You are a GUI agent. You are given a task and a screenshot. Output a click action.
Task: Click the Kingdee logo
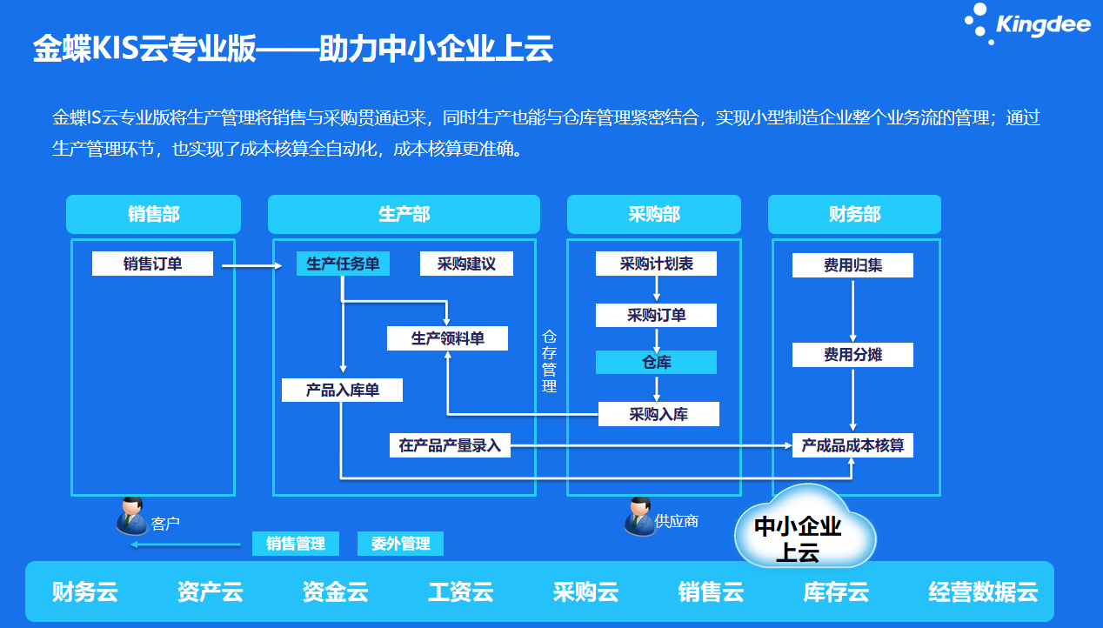pyautogui.click(x=1027, y=24)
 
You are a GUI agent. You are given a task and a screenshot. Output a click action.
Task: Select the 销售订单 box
pyautogui.click(x=152, y=264)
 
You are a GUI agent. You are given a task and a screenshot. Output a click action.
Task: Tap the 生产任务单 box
pyautogui.click(x=343, y=264)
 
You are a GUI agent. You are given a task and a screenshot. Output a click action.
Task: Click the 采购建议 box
pyautogui.click(x=466, y=264)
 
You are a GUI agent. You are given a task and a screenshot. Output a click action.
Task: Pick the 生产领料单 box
pyautogui.click(x=447, y=338)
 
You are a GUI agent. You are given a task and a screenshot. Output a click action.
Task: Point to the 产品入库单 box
pyautogui.click(x=342, y=390)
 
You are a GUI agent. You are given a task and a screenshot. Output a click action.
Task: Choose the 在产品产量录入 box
pyautogui.click(x=450, y=445)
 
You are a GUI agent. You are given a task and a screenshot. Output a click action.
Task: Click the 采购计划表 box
pyautogui.click(x=656, y=264)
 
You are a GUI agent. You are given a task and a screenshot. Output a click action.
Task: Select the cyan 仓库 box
pyautogui.click(x=656, y=362)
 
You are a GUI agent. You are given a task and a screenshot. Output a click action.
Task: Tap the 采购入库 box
pyautogui.click(x=658, y=414)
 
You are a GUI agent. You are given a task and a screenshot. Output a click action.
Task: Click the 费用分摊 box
pyautogui.click(x=852, y=355)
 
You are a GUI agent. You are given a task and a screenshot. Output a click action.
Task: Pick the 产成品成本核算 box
pyautogui.click(x=852, y=445)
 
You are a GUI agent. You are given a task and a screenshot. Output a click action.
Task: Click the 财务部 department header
pyautogui.click(x=854, y=214)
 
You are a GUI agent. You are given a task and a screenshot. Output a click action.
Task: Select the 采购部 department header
pyautogui.click(x=653, y=214)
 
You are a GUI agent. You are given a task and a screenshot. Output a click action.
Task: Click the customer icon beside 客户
pyautogui.click(x=131, y=515)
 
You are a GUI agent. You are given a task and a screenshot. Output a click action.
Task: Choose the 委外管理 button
pyautogui.click(x=400, y=544)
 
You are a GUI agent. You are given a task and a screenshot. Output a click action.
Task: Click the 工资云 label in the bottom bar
pyautogui.click(x=460, y=593)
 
